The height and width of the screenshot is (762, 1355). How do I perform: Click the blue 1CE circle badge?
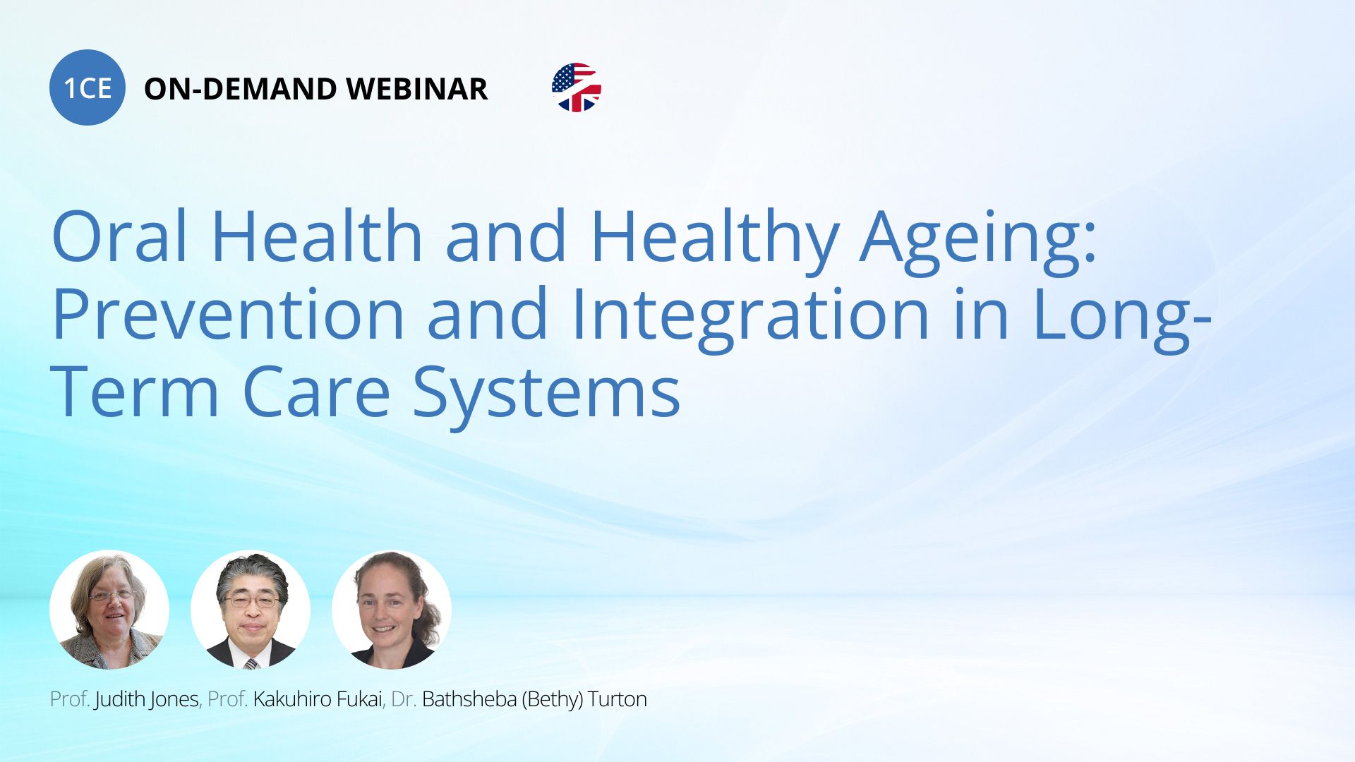pos(88,87)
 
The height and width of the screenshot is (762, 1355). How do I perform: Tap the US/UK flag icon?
pos(576,87)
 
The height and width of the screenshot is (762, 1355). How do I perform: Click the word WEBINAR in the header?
pos(416,89)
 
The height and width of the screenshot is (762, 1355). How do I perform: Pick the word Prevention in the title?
pos(228,314)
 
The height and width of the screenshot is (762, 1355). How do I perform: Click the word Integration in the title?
pos(750,317)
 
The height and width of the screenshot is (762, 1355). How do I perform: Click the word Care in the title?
pos(316,392)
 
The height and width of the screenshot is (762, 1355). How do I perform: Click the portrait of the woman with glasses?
pos(109,610)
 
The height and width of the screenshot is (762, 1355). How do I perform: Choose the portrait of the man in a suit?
pos(251,610)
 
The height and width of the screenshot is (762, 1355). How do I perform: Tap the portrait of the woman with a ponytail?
pos(392,610)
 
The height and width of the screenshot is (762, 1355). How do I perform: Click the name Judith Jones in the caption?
pos(147,699)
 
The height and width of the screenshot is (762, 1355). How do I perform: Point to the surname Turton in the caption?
pos(618,699)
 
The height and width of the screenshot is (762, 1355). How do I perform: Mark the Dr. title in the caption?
pos(403,699)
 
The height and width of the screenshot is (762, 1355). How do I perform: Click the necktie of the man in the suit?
pos(251,663)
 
